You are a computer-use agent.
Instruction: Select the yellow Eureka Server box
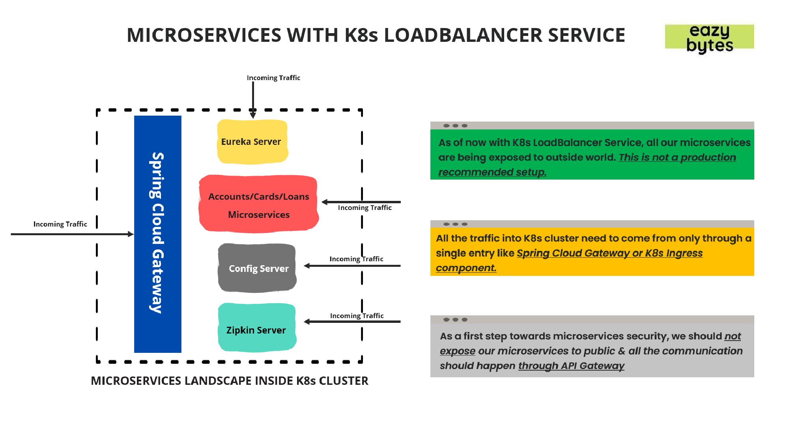(x=252, y=142)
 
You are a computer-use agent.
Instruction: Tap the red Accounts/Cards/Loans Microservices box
(x=259, y=204)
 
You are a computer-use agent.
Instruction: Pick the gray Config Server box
(x=257, y=268)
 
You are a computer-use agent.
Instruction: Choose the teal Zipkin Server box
(x=257, y=328)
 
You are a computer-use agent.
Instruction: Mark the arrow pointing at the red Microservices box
(x=361, y=202)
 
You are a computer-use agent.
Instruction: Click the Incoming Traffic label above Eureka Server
(x=273, y=78)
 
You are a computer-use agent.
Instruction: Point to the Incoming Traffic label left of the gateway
(x=60, y=224)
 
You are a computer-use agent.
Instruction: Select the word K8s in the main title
(x=361, y=35)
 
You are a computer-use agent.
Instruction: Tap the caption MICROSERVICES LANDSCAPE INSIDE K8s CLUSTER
(x=229, y=381)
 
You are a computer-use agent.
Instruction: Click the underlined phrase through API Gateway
(x=571, y=366)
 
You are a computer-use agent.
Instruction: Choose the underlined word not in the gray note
(x=733, y=336)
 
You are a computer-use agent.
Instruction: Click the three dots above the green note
(x=455, y=126)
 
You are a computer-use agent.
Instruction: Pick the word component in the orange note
(x=466, y=268)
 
